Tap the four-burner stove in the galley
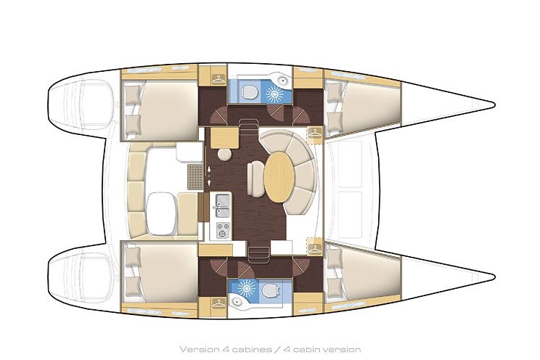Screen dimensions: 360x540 click(x=223, y=230)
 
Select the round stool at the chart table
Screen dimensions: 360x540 click(x=224, y=155)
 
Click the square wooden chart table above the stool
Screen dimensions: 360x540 click(x=226, y=137)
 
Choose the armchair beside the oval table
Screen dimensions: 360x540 click(x=255, y=179)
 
